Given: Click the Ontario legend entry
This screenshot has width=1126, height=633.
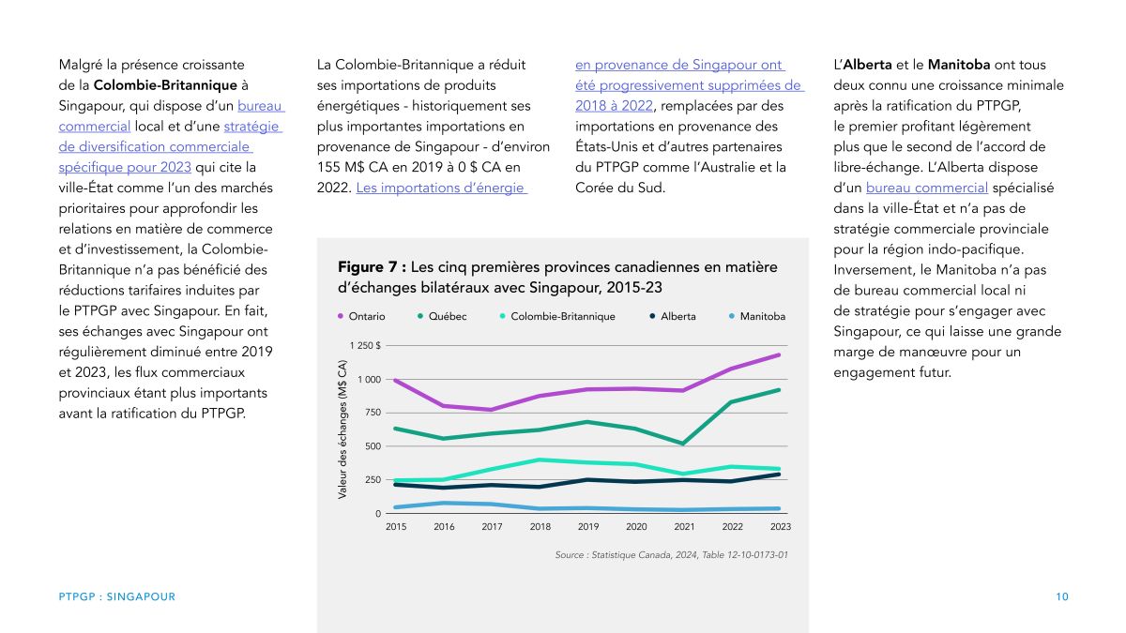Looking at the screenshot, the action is [x=361, y=316].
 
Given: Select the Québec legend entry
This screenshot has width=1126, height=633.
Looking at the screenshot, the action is [x=442, y=316].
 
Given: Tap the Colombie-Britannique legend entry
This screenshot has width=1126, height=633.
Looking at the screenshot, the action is [x=557, y=316].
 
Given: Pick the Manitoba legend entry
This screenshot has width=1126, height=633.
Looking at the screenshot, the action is [x=757, y=316].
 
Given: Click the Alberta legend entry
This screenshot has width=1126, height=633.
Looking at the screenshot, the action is [x=673, y=316].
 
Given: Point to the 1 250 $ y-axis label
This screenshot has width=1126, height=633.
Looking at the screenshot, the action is [x=365, y=346].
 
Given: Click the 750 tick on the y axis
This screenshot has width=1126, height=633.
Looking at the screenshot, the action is [x=373, y=413].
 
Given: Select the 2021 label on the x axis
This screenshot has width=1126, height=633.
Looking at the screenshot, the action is [x=684, y=526].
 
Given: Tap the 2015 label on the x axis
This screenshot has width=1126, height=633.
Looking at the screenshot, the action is [x=396, y=526].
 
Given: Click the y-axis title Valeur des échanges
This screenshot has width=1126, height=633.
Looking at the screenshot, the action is [x=342, y=430].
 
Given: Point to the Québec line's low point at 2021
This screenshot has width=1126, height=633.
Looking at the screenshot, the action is [x=683, y=444].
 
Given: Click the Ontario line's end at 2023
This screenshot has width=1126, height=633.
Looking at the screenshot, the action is [x=779, y=355].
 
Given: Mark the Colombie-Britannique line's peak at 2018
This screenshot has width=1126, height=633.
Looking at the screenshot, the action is [x=540, y=460].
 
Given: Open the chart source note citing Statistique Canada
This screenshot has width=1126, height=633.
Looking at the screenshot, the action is [x=672, y=554].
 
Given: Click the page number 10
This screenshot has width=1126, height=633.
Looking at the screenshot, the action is [x=1061, y=596].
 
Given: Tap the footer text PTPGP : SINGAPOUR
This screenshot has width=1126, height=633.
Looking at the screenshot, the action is [x=117, y=596].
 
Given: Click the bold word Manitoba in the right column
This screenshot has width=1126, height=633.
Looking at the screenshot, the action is [x=959, y=65].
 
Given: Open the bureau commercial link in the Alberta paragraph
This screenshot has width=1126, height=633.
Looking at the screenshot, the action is [x=927, y=188].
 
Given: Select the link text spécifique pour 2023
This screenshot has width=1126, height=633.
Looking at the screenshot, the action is [x=125, y=167].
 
